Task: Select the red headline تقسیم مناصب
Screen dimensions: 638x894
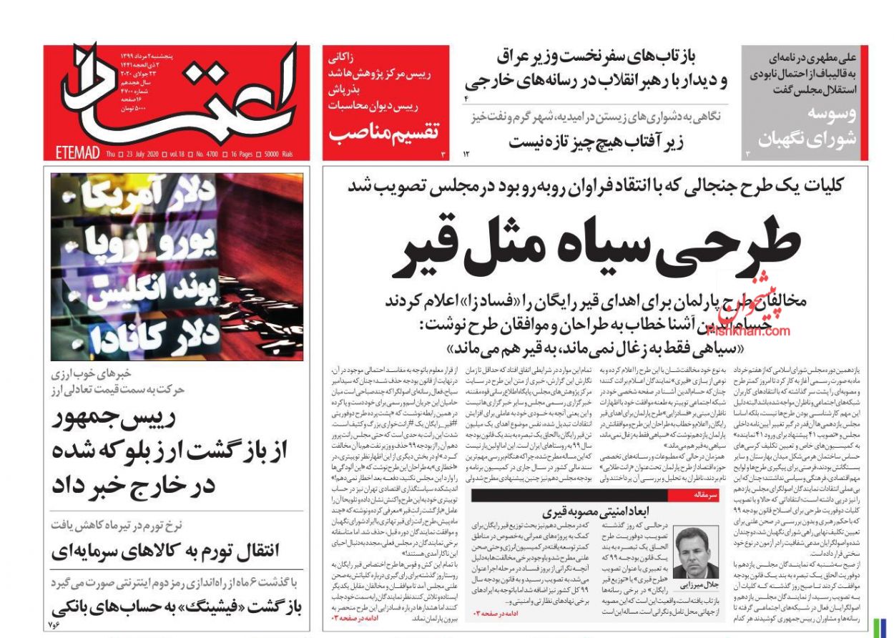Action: [383, 131]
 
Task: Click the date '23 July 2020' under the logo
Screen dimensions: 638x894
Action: [137, 154]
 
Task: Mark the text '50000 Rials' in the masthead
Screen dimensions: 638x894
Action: [285, 154]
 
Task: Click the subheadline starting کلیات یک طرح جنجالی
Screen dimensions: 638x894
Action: [596, 185]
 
